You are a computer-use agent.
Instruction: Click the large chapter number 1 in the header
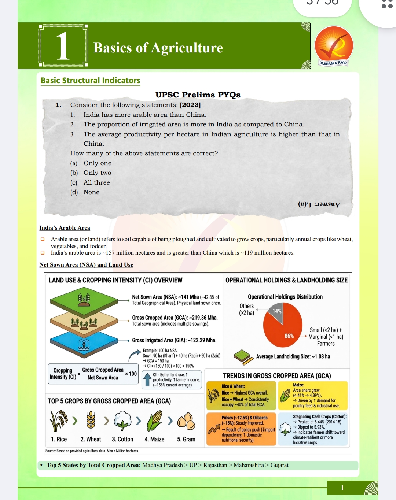click(x=63, y=46)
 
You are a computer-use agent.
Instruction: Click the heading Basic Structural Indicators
click(x=90, y=81)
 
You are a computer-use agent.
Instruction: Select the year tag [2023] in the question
click(x=190, y=105)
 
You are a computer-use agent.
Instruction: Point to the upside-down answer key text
click(x=319, y=204)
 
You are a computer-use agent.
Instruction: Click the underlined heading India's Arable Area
click(x=65, y=228)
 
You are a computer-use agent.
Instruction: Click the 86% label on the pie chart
click(x=289, y=336)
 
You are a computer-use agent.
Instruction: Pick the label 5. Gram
click(x=186, y=439)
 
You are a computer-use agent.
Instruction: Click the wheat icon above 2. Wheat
click(x=91, y=421)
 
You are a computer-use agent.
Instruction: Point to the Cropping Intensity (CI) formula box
click(x=93, y=374)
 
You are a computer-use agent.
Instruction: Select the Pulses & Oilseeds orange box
click(x=241, y=429)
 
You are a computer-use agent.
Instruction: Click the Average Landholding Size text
click(x=293, y=356)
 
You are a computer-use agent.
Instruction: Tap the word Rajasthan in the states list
click(x=215, y=465)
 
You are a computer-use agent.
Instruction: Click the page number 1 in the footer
click(x=342, y=488)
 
